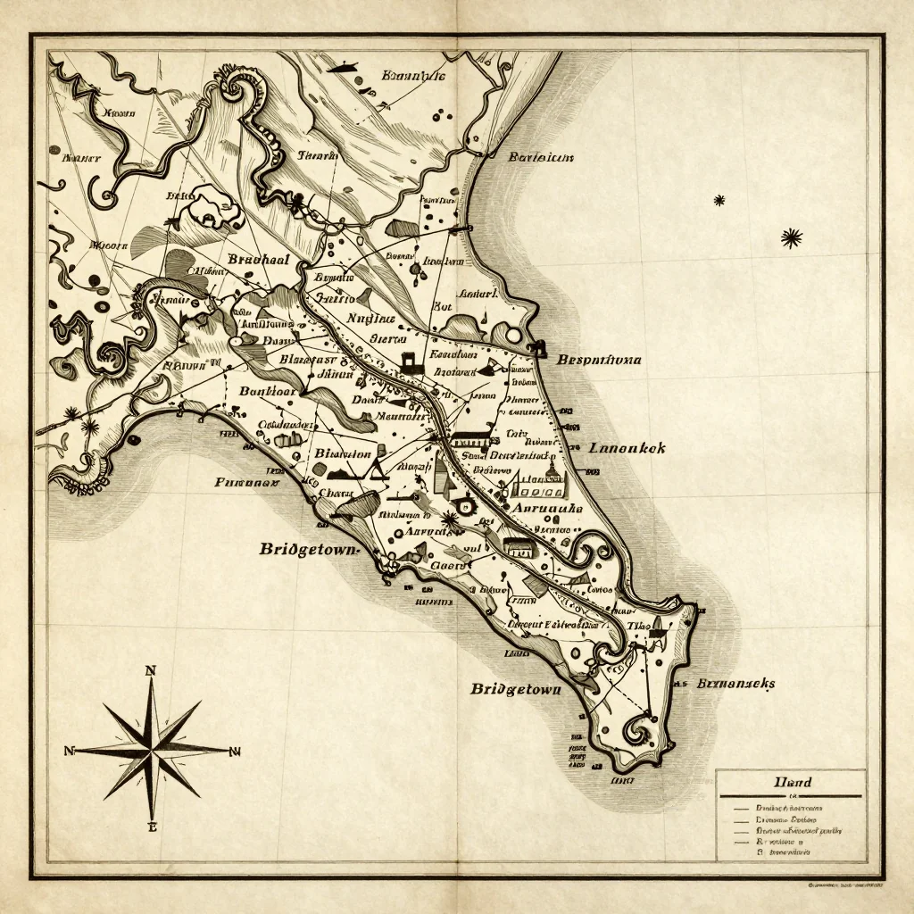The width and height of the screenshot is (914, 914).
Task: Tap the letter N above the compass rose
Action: [150, 671]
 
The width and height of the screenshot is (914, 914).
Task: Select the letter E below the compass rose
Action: [152, 827]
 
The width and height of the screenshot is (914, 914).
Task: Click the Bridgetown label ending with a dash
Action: [308, 549]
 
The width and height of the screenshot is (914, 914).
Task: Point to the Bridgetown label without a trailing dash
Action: [516, 689]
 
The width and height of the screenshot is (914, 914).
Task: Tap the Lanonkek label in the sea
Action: [627, 449]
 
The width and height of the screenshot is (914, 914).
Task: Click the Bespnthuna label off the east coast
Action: [599, 361]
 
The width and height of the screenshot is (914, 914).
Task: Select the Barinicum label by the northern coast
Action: [541, 158]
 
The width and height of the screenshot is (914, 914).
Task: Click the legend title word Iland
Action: [791, 783]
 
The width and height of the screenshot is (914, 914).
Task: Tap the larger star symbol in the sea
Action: [791, 237]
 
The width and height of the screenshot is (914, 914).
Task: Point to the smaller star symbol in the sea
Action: [719, 200]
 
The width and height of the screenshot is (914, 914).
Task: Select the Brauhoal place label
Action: [259, 259]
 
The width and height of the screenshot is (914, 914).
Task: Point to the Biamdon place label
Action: [344, 453]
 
